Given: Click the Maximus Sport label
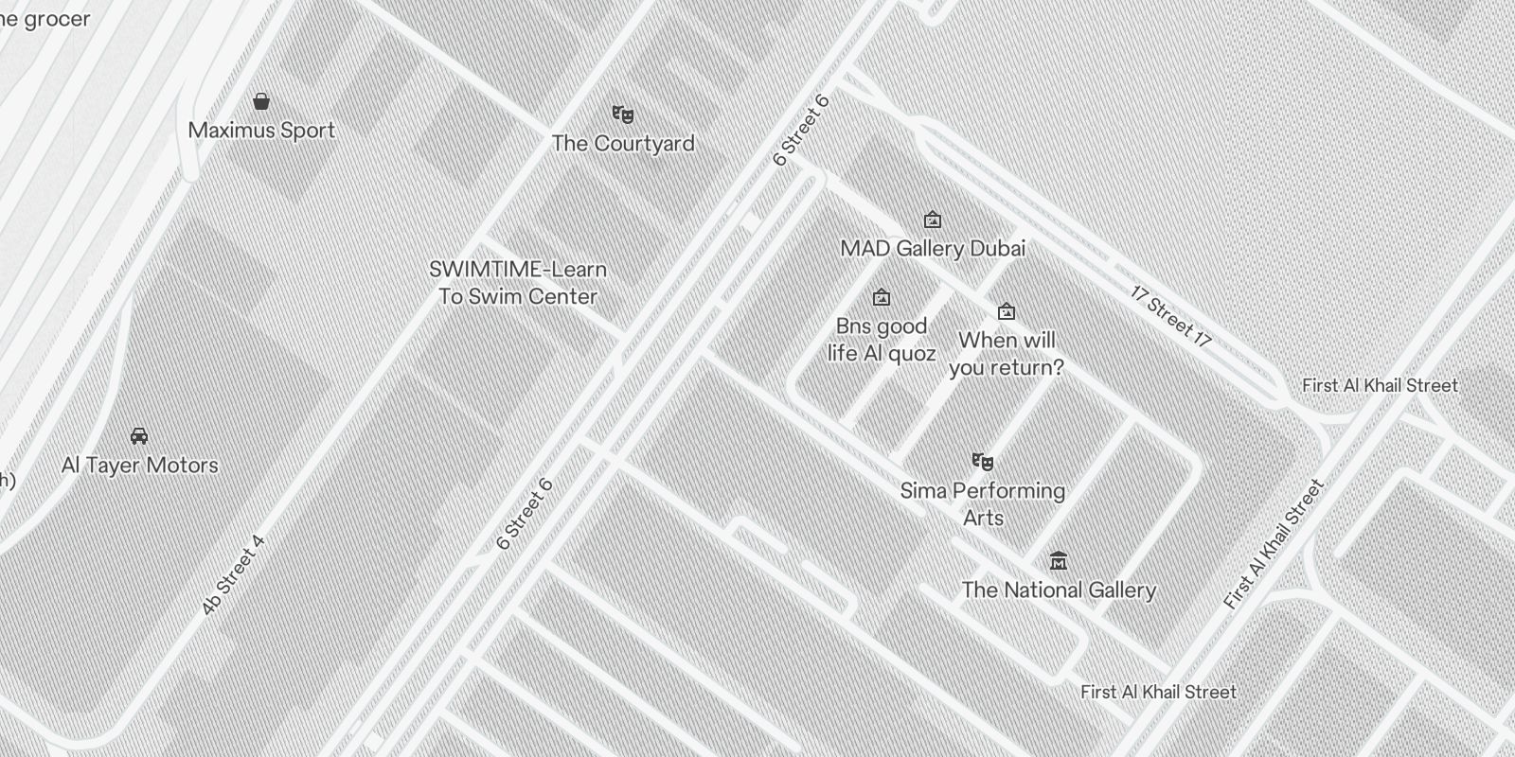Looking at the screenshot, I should click(x=261, y=131).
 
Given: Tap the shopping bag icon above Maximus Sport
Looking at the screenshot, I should click(x=261, y=101).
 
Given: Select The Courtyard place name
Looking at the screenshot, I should click(x=623, y=144).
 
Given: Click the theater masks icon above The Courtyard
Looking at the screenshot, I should click(x=622, y=114).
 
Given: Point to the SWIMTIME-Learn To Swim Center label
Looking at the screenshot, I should click(x=518, y=283).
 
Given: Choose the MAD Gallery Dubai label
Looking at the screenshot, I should click(x=933, y=249).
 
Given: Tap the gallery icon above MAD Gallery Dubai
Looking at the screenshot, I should click(x=933, y=220).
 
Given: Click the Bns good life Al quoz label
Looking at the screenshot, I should click(x=882, y=340).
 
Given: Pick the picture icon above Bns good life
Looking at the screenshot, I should click(x=882, y=298).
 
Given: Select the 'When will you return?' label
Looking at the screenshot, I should click(x=1007, y=354).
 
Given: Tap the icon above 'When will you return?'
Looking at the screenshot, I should click(x=1007, y=311).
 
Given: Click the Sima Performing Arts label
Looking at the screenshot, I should click(x=983, y=504).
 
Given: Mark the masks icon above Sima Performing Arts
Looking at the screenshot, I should click(x=983, y=462).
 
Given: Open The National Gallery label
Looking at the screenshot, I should click(x=1059, y=590).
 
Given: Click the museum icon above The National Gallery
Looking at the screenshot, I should click(x=1059, y=561).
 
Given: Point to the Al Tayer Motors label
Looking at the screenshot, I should click(x=140, y=466).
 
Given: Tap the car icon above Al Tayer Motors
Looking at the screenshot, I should click(x=139, y=436).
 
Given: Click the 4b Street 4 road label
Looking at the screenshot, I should click(x=232, y=575).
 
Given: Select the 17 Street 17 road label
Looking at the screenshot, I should click(x=1170, y=316).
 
